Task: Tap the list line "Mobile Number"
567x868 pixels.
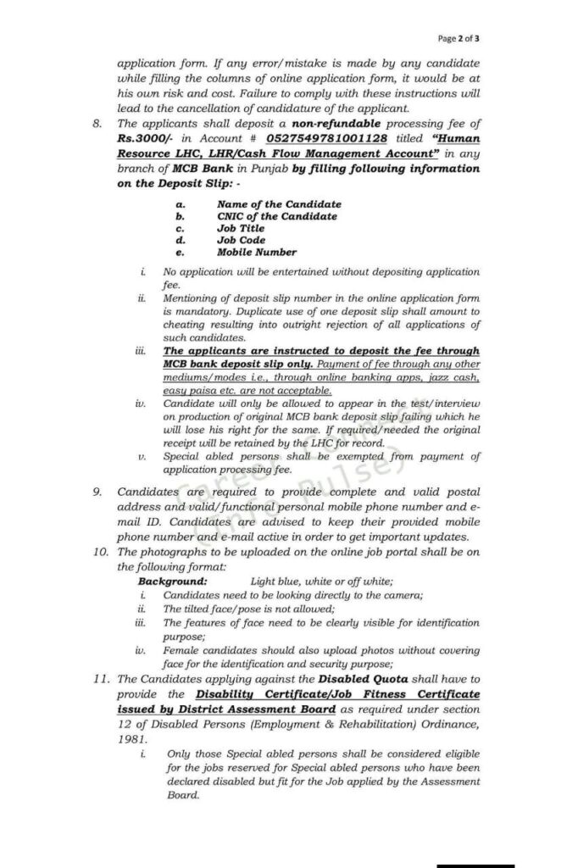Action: (257, 252)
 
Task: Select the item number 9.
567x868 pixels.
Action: (97, 492)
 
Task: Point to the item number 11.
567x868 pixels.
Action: (100, 680)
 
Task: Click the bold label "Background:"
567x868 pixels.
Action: (172, 581)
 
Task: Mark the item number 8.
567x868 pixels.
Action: (97, 123)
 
